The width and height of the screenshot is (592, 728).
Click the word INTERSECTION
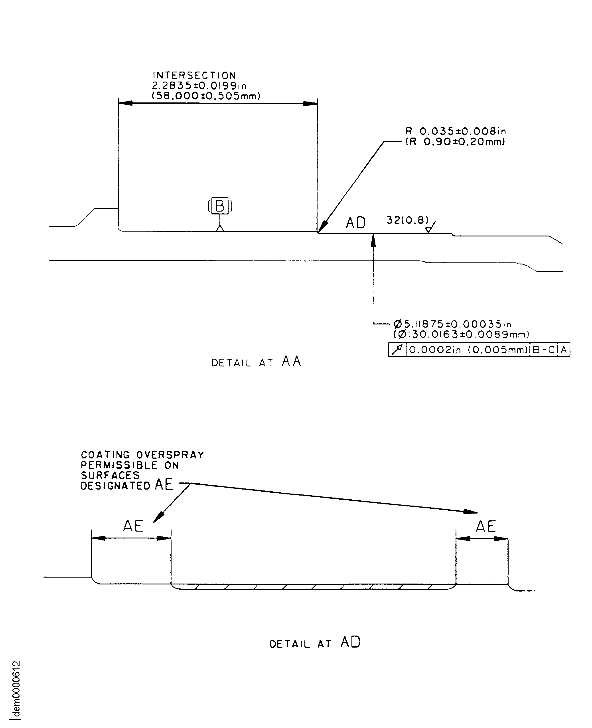pyautogui.click(x=194, y=76)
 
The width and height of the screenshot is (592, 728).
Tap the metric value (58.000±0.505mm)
pyautogui.click(x=206, y=96)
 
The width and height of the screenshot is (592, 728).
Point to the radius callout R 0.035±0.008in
pyautogui.click(x=456, y=131)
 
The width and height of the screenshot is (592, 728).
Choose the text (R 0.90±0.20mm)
pyautogui.click(x=455, y=141)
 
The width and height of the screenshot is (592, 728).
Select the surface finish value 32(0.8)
pyautogui.click(x=407, y=220)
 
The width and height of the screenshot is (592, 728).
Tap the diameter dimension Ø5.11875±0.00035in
pyautogui.click(x=452, y=324)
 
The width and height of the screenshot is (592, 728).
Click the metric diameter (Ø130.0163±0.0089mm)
pyautogui.click(x=461, y=334)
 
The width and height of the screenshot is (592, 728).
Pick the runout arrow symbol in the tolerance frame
pyautogui.click(x=397, y=350)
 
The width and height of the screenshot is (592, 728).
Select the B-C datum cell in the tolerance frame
pyautogui.click(x=544, y=350)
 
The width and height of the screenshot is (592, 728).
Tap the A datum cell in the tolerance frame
pyautogui.click(x=564, y=350)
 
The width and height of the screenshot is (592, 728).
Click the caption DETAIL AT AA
pyautogui.click(x=257, y=362)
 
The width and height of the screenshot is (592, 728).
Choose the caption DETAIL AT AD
pyautogui.click(x=315, y=643)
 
